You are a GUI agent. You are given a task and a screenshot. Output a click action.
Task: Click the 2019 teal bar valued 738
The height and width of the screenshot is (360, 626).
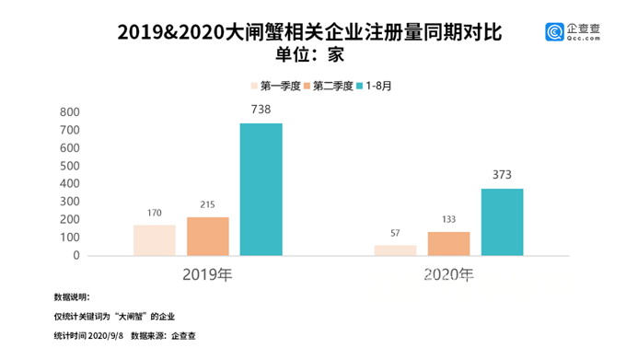pyautogui.click(x=261, y=189)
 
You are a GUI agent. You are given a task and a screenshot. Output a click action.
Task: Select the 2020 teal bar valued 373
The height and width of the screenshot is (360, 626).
pyautogui.click(x=502, y=222)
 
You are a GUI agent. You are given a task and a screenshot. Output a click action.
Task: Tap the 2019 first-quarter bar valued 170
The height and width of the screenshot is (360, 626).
pyautogui.click(x=154, y=239)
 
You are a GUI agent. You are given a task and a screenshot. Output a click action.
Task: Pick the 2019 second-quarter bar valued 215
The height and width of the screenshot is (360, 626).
pyautogui.click(x=207, y=236)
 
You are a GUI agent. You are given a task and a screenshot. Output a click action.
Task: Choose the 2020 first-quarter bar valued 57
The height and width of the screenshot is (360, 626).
pyautogui.click(x=395, y=250)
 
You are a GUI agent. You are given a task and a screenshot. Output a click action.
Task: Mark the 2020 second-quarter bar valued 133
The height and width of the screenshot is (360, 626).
pyautogui.click(x=448, y=243)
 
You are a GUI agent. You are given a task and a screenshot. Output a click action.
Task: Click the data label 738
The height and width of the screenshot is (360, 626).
pyautogui.click(x=261, y=109)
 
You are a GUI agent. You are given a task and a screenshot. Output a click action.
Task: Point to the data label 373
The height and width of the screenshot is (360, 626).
pyautogui.click(x=502, y=174)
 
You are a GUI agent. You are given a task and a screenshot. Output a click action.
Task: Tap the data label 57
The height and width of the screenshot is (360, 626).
pyautogui.click(x=395, y=234)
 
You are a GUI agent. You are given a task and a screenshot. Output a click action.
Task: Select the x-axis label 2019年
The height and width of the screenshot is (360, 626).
pyautogui.click(x=207, y=274)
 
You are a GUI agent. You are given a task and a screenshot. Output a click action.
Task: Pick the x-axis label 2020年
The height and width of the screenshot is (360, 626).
pyautogui.click(x=448, y=274)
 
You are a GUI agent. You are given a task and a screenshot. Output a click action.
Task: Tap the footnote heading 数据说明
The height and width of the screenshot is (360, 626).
pyautogui.click(x=73, y=297)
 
